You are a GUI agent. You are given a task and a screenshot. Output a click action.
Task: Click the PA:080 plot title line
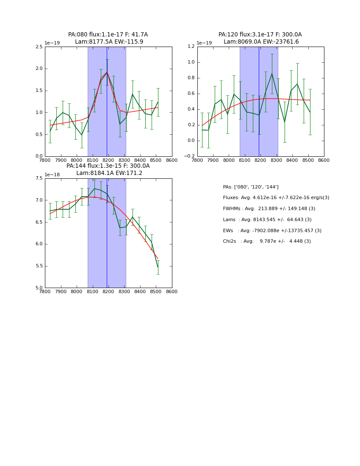108,35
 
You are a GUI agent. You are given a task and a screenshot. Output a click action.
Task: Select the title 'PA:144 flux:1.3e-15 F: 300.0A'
108,166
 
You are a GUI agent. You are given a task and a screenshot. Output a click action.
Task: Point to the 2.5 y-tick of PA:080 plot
39,47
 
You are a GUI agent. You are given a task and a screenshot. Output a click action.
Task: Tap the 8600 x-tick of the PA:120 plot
324,161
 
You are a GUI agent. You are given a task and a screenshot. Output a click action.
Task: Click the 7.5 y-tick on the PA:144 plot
39,178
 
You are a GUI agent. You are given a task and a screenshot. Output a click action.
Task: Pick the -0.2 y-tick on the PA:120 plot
189,156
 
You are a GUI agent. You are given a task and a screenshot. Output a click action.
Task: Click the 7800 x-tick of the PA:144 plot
45,292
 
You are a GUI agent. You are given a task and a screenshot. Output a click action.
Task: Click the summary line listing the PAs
251,187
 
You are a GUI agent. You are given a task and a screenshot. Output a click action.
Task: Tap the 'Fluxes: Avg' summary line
276,198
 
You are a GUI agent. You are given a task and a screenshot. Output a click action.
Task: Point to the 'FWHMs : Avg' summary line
269,208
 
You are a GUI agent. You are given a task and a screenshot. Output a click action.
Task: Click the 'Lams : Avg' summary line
267,219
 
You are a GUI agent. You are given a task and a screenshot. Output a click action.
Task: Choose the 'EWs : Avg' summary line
272,230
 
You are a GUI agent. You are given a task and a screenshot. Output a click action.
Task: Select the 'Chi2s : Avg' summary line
266,241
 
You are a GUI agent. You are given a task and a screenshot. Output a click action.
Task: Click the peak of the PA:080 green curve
107,72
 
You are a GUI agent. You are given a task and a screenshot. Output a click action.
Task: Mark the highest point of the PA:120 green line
272,74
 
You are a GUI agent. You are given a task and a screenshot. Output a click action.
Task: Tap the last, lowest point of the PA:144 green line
158,267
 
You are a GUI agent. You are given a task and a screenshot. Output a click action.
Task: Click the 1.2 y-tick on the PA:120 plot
191,47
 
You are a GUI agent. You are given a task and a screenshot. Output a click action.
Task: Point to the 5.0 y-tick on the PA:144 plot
39,288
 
